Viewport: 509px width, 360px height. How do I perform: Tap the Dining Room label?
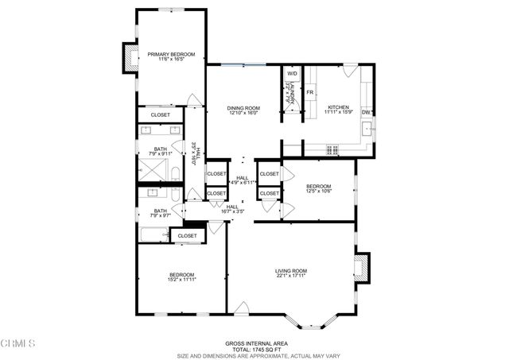point(243,110)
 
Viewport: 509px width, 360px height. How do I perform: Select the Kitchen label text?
point(339,108)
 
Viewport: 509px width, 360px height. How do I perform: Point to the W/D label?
point(292,74)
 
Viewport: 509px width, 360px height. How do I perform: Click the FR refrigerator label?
point(310,93)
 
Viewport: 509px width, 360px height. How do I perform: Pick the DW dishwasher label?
point(366,112)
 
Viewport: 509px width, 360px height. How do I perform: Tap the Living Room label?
point(291,274)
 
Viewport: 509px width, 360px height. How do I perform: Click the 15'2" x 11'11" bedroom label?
point(181,277)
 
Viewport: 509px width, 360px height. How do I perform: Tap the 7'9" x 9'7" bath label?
point(160,213)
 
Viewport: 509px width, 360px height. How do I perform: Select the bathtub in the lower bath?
point(153,234)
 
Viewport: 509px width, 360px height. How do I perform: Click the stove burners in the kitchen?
point(331,149)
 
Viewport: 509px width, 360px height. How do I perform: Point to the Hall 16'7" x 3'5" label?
point(233,209)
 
